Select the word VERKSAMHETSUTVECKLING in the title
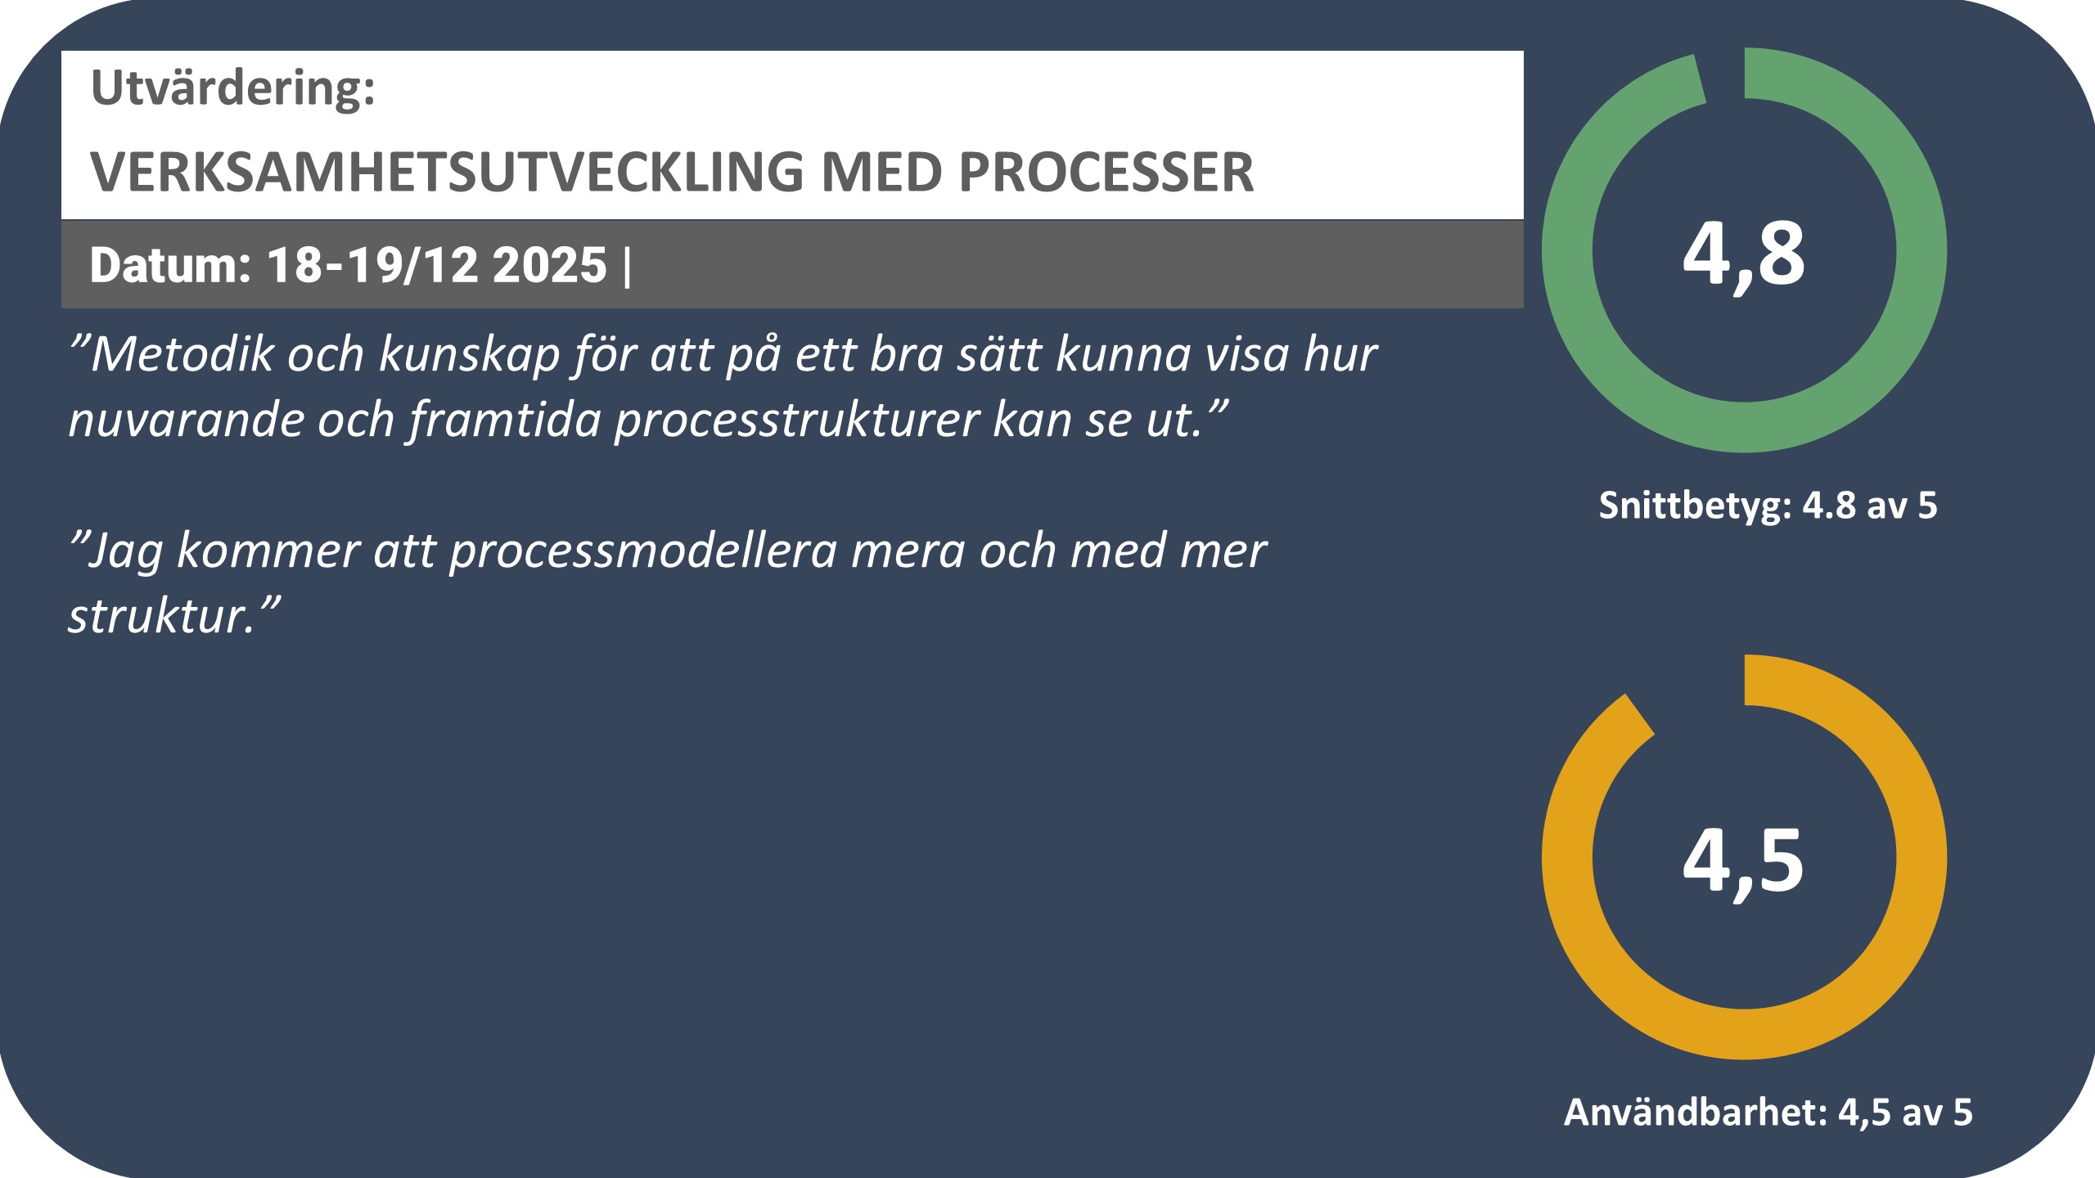pos(447,173)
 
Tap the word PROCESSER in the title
pos(1106,173)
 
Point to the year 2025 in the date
pos(550,266)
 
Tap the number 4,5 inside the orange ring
pos(1743,862)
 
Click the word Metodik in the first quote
pos(182,354)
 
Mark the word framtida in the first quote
pos(505,420)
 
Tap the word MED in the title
pos(881,173)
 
